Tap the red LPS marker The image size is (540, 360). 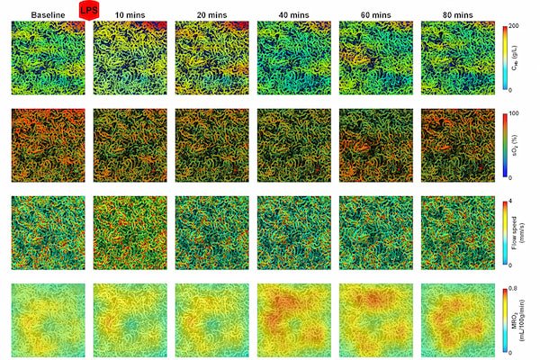89,9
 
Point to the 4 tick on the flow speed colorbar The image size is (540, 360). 515,200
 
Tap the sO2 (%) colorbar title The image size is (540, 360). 530,145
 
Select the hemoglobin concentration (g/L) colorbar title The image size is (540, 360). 530,58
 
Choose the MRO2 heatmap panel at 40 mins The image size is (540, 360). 293,319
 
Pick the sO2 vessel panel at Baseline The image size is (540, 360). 47,145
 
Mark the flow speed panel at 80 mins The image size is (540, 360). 457,232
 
